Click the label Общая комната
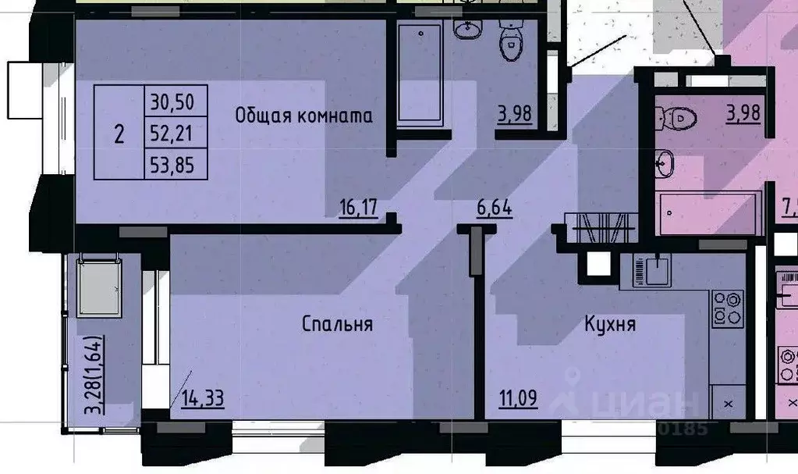click(304, 116)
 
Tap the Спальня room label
click(337, 323)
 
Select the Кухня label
click(610, 323)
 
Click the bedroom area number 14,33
click(203, 399)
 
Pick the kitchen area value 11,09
click(518, 399)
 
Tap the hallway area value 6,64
click(495, 208)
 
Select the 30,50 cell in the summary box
click(176, 101)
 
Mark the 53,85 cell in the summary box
click(176, 164)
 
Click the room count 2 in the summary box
click(119, 134)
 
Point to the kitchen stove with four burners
click(727, 308)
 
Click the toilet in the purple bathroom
click(512, 43)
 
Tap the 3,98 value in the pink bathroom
click(743, 114)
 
